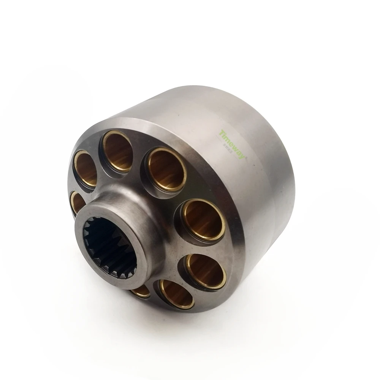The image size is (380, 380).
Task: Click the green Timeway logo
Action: pos(233,144)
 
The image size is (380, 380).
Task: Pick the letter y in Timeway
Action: pos(242,154)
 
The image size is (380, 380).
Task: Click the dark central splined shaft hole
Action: pos(110,247)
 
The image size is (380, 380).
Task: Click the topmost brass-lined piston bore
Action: pos(117,151)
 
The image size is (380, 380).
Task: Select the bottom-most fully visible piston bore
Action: pos(176,294)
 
